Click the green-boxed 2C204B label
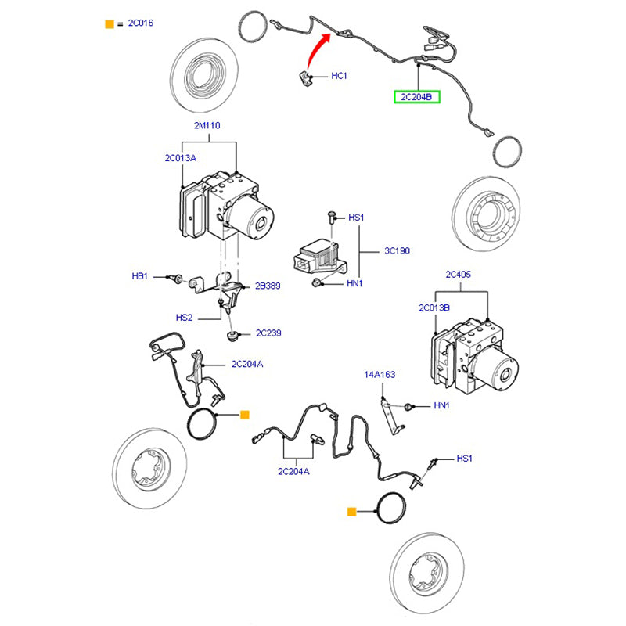tap(417, 97)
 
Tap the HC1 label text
tap(339, 76)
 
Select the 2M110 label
tap(209, 125)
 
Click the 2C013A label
tap(180, 157)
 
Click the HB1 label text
tap(140, 276)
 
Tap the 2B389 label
tap(268, 286)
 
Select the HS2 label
tap(184, 318)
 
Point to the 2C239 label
tap(268, 333)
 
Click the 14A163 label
tap(380, 375)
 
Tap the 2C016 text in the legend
tap(141, 23)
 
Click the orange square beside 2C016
tap(110, 24)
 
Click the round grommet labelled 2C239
tap(232, 336)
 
